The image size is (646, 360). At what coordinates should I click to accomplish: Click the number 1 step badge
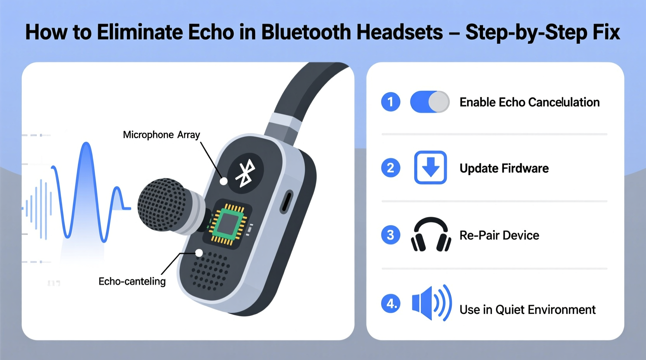pos(391,102)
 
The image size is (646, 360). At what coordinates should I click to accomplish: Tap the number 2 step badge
pos(391,168)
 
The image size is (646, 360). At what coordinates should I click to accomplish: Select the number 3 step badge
pos(391,235)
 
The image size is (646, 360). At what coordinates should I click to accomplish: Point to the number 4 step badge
pos(391,303)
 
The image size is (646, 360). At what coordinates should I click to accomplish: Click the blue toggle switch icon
pos(430,102)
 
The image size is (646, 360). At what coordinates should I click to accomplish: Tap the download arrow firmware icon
pos(430,168)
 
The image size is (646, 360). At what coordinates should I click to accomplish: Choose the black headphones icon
pos(431,234)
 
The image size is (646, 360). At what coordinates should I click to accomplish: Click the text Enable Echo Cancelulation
pos(530,102)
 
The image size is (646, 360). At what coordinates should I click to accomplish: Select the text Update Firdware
pos(504,168)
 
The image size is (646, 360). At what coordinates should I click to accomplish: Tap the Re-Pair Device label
pos(499,235)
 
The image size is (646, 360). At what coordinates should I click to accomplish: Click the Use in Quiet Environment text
pos(527,310)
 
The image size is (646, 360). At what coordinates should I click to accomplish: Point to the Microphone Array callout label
pos(161,135)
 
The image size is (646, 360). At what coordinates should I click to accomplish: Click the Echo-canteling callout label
pos(132,281)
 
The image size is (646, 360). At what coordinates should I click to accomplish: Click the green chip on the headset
pos(228,224)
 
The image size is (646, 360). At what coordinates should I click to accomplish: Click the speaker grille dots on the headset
pos(210,271)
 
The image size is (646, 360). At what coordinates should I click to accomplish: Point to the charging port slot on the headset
pos(287,202)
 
